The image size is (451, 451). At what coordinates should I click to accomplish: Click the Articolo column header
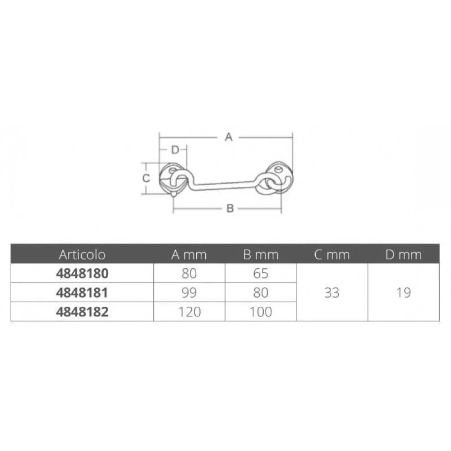(x=82, y=255)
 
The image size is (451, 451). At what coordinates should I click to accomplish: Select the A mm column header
(x=189, y=255)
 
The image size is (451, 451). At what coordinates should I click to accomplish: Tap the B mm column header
(x=261, y=255)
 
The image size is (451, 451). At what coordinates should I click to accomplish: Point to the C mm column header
(x=332, y=255)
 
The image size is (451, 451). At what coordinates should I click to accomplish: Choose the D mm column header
(x=404, y=255)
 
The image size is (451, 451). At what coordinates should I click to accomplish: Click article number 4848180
(x=82, y=273)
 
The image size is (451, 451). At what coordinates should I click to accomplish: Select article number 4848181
(x=82, y=293)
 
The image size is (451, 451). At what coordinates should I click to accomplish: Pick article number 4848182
(x=82, y=312)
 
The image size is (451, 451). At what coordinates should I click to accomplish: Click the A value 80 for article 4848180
(x=189, y=273)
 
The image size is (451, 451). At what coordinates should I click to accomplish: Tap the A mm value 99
(x=189, y=293)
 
